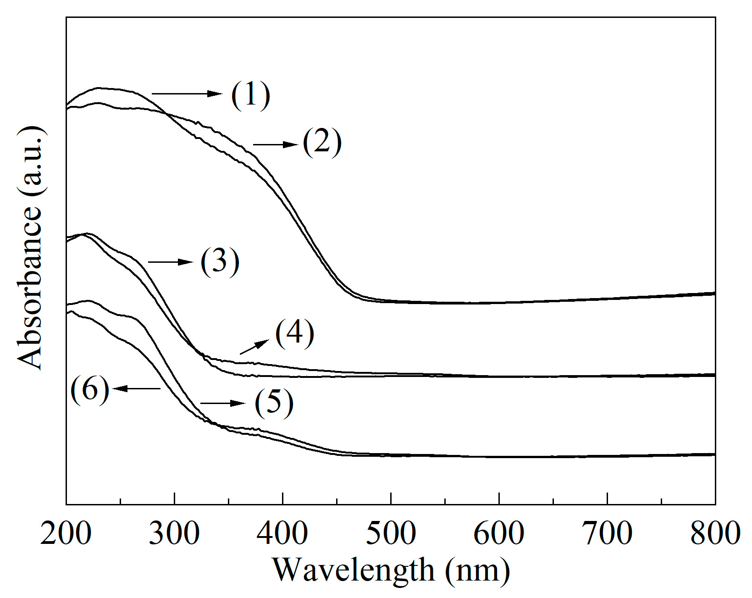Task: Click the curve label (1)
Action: click(x=250, y=95)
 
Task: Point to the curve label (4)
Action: click(x=295, y=333)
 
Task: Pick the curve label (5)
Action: click(x=274, y=403)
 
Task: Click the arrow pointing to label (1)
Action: click(x=187, y=94)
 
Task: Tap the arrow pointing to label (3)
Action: click(x=170, y=262)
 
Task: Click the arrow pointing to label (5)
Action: click(x=223, y=403)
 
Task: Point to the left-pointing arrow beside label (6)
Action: click(x=136, y=388)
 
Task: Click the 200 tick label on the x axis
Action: click(x=66, y=533)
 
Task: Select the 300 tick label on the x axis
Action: click(x=174, y=533)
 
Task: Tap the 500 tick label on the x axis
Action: click(x=391, y=533)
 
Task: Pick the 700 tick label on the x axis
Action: click(x=607, y=533)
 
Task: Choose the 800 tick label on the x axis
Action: click(x=714, y=533)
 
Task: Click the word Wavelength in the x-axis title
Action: click(x=354, y=570)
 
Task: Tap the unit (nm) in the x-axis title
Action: click(x=477, y=570)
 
